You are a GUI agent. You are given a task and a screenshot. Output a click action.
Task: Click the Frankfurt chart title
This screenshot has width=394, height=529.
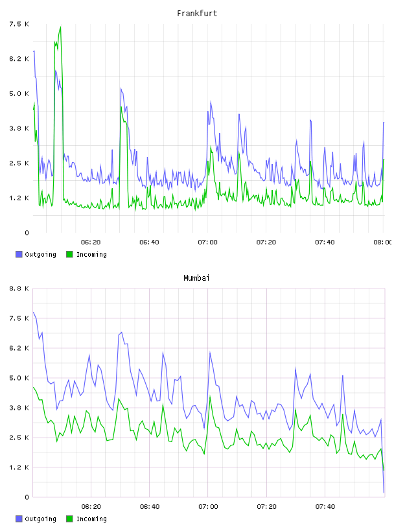197,14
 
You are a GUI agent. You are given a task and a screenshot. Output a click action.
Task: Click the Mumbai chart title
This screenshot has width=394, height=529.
196,278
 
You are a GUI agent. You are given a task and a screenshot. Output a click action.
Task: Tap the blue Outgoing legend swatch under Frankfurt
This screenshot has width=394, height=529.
19,254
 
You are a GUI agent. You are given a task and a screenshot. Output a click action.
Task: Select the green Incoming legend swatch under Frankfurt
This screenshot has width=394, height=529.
69,254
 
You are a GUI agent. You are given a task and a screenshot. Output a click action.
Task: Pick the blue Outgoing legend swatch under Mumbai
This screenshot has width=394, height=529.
19,519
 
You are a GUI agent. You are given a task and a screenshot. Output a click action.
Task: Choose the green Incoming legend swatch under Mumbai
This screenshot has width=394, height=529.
69,519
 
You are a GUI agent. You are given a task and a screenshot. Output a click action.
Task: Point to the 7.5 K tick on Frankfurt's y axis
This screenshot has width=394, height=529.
19,24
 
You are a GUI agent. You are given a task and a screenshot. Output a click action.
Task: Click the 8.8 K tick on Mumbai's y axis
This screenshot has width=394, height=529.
19,288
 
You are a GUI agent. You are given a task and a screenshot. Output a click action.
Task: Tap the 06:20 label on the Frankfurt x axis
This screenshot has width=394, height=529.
91,242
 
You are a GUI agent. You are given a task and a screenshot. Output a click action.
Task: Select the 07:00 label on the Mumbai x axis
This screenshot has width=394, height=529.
208,506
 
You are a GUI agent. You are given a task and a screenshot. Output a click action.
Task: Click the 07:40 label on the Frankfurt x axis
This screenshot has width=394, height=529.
325,242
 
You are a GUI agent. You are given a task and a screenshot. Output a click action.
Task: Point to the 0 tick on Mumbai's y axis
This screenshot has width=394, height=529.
27,497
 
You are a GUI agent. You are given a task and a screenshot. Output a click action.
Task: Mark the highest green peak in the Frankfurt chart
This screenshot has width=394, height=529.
60,27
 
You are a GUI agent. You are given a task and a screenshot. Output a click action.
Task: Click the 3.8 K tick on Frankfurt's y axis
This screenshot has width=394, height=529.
19,128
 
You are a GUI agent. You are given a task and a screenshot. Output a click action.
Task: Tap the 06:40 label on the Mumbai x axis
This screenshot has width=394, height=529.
150,506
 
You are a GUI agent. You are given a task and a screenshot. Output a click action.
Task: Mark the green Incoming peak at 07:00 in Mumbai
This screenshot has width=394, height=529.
210,397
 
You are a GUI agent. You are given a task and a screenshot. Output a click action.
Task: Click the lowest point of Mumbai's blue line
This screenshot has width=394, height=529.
384,493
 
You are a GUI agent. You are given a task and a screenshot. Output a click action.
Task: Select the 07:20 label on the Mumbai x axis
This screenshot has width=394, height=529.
266,506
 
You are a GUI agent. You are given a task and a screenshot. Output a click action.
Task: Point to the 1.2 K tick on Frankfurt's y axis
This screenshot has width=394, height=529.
19,198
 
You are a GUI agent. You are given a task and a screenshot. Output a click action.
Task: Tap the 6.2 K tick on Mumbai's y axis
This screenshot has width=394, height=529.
19,348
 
